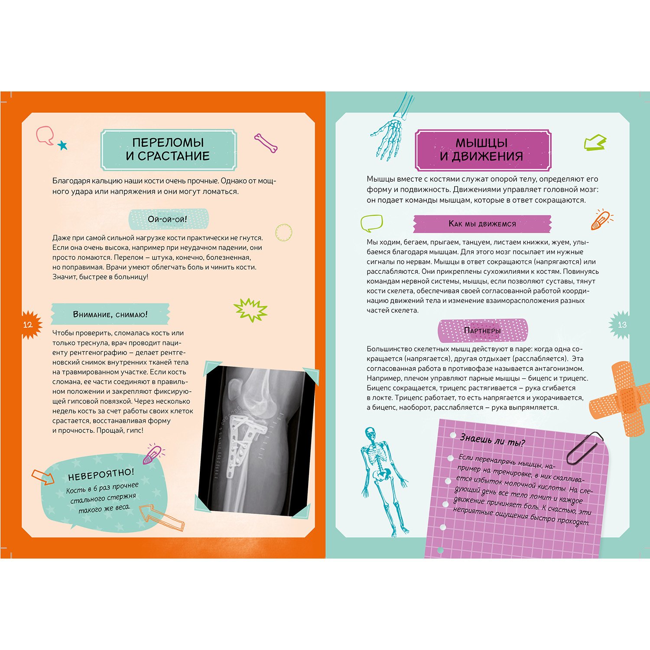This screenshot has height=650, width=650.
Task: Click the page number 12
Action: [27, 325]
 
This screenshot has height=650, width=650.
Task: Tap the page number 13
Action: [622, 325]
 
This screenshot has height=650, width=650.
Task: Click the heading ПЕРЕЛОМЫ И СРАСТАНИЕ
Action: [168, 149]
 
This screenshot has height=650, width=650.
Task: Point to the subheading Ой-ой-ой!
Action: [167, 219]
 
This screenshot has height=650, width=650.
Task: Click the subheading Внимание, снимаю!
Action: [110, 315]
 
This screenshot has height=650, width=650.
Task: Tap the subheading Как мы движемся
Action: [482, 224]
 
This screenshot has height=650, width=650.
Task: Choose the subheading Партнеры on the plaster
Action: [482, 331]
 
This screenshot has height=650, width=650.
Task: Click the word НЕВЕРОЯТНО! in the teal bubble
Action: [101, 474]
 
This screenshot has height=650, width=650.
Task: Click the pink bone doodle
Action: [266, 143]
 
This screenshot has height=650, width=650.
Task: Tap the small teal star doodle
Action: [63, 145]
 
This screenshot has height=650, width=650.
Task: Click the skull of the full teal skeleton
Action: [370, 433]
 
